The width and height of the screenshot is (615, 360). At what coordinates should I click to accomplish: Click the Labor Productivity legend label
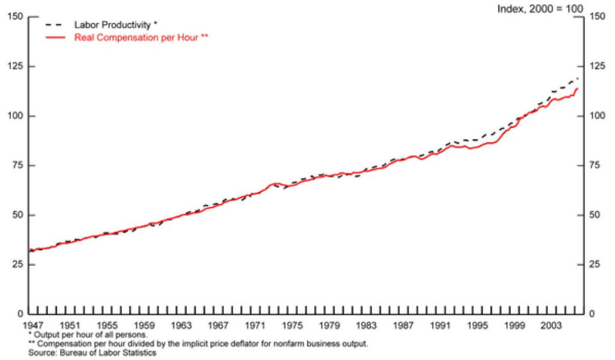pos(116,25)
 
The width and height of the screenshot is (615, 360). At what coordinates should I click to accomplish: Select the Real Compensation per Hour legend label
pos(141,37)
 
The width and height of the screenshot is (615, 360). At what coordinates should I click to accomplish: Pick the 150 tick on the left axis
pos(16,16)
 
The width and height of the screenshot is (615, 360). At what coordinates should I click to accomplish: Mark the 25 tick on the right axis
pos(596,264)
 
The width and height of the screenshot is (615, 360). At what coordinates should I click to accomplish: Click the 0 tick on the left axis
pos(20,314)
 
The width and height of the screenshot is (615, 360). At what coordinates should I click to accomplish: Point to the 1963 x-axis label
pos(181,326)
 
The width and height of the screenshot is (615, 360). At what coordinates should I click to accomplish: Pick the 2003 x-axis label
pos(551,326)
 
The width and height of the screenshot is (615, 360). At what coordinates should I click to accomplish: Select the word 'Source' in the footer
pos(41,353)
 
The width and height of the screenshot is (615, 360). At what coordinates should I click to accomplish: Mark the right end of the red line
pos(578,88)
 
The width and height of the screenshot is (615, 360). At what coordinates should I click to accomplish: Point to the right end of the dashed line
pos(578,78)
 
